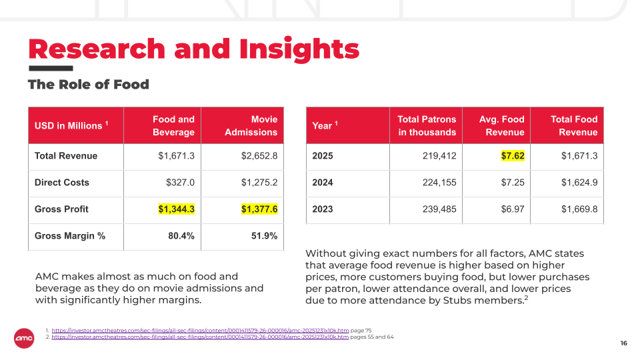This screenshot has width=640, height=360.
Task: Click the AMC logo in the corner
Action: (x=24, y=339)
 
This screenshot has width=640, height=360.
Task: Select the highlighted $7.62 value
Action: (x=513, y=156)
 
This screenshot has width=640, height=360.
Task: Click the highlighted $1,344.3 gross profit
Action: (x=176, y=209)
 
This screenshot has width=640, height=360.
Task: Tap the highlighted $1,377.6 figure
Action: (x=259, y=209)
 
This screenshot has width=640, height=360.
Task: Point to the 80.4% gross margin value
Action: (x=181, y=236)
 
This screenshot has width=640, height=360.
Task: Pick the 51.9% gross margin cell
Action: (x=264, y=236)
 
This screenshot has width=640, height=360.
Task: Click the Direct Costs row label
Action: (x=61, y=183)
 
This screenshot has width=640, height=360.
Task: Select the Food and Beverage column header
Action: (x=173, y=126)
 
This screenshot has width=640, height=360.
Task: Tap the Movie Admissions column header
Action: (x=251, y=126)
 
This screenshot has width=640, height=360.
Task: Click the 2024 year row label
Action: (x=323, y=183)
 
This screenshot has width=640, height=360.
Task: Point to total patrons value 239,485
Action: (x=439, y=209)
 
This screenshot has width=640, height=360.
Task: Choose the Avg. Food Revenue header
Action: (x=501, y=126)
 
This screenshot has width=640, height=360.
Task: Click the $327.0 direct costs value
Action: (x=180, y=183)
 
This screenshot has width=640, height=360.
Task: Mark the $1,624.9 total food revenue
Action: (x=579, y=183)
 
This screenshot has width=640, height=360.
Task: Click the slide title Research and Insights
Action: (x=194, y=49)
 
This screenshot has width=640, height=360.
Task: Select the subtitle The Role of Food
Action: (x=89, y=85)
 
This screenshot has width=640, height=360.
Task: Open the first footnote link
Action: (x=200, y=331)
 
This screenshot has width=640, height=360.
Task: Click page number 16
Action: (x=624, y=343)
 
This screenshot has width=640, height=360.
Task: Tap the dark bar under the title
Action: (x=51, y=68)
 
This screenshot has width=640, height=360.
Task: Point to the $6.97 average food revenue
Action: (x=513, y=209)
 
